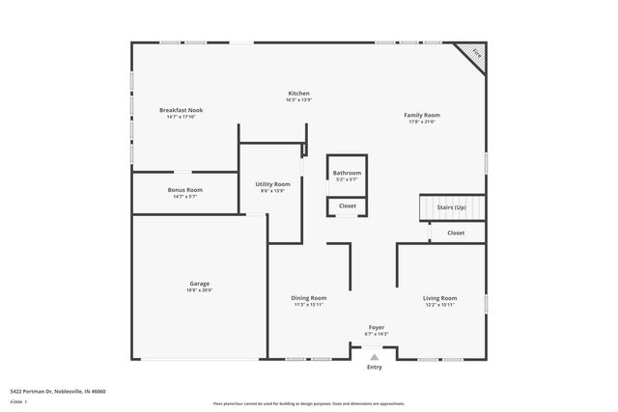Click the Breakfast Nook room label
181,111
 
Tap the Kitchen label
298,94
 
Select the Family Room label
422,115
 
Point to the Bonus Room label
184,190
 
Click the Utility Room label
272,183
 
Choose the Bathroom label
347,173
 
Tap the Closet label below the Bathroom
347,206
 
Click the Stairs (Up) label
452,207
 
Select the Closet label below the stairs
456,233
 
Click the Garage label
200,284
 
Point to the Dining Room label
309,298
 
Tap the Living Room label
439,298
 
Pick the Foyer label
377,327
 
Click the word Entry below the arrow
375,368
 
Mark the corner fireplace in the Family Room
473,53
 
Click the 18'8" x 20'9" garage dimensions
200,290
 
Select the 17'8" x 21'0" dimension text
422,122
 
